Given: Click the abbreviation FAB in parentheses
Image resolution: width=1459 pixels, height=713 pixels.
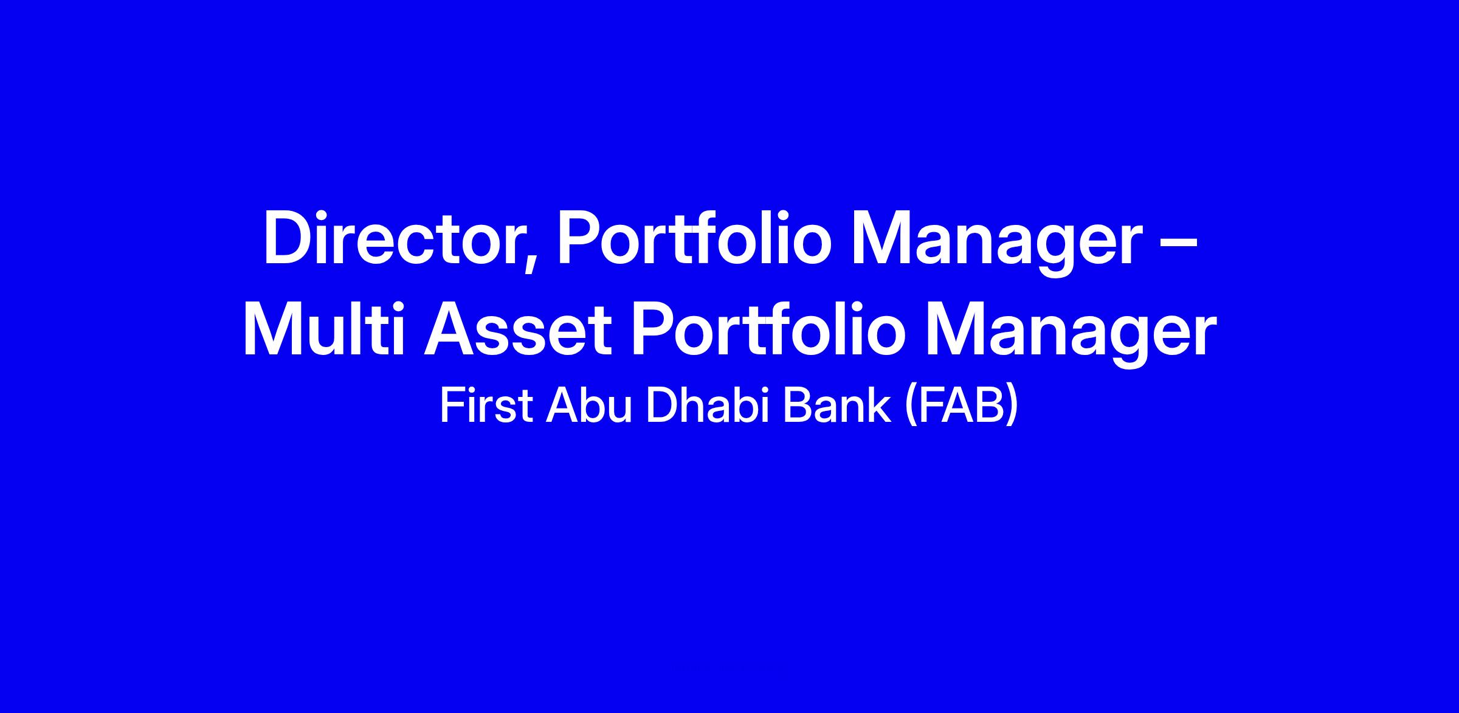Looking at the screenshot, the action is pyautogui.click(x=961, y=405).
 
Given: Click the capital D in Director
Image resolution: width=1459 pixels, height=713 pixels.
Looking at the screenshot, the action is pyautogui.click(x=288, y=238).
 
